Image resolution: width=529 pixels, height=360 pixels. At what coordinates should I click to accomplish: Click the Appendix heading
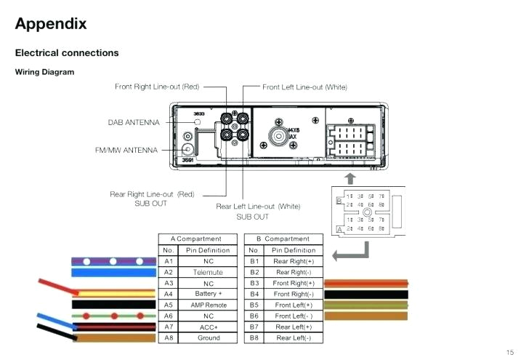click(x=51, y=24)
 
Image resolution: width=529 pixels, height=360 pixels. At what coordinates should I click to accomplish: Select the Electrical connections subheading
click(x=67, y=53)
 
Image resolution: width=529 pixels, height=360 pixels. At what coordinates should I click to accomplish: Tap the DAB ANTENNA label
click(x=134, y=123)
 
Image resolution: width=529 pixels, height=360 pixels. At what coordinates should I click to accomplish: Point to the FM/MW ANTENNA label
click(x=126, y=151)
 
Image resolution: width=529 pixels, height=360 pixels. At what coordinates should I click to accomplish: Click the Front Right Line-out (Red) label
click(x=157, y=87)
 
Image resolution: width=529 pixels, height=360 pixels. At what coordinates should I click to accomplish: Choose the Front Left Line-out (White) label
click(x=304, y=87)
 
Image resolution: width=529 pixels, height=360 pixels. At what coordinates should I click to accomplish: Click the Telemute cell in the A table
click(x=208, y=272)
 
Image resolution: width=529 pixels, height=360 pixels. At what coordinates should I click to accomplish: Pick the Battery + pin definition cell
click(x=208, y=294)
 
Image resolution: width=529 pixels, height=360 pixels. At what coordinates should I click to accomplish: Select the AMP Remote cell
click(x=208, y=305)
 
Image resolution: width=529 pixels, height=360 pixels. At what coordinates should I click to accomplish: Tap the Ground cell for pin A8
click(x=208, y=338)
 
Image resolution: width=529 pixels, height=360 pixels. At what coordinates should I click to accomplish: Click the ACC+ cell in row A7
click(x=208, y=327)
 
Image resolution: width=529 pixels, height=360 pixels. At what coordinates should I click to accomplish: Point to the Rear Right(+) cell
click(x=294, y=261)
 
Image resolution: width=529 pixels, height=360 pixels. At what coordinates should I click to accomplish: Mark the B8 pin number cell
click(x=254, y=338)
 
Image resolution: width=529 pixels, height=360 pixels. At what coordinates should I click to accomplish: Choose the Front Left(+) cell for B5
click(x=294, y=305)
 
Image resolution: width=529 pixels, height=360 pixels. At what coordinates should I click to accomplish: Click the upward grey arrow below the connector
click(x=350, y=177)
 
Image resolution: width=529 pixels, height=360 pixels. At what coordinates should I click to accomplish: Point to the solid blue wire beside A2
click(x=113, y=273)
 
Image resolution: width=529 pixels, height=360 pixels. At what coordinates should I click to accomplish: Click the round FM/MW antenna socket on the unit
click(x=188, y=136)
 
